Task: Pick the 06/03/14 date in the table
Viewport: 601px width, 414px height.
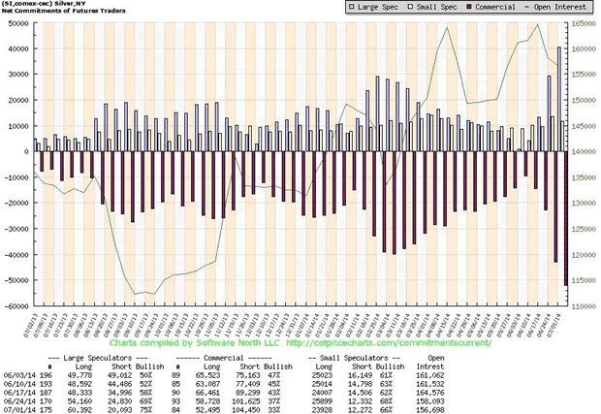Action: [18, 373]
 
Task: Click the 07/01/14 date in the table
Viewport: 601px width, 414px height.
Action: [18, 408]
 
